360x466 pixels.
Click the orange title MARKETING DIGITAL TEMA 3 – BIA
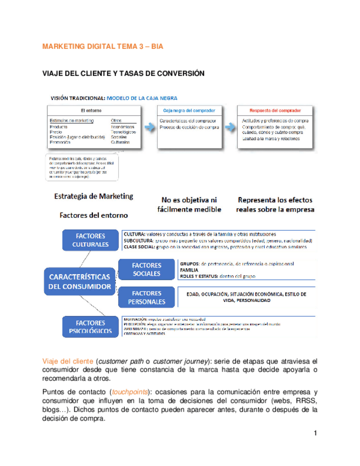[103, 47]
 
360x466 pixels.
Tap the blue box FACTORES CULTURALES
[91, 240]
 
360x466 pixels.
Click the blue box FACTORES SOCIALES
[146, 269]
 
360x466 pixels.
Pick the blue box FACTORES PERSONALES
[146, 297]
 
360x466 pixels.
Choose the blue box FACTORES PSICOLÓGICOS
[91, 327]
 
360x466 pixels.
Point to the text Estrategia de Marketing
[93, 196]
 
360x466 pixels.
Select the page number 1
[315, 434]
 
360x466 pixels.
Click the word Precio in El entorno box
[56, 132]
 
